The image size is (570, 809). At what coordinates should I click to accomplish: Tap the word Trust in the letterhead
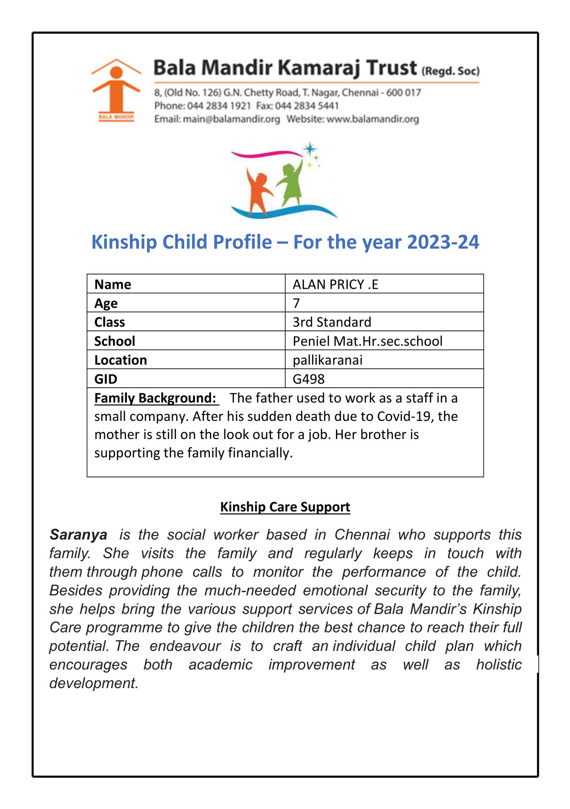pyautogui.click(x=392, y=68)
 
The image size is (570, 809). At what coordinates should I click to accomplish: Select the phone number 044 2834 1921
pyautogui.click(x=219, y=106)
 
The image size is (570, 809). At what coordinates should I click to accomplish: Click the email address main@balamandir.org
pyautogui.click(x=231, y=119)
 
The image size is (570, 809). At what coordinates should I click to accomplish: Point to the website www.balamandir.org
pyautogui.click(x=373, y=119)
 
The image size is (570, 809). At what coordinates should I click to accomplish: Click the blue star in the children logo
pyautogui.click(x=309, y=149)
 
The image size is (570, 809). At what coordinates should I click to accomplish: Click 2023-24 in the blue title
pyautogui.click(x=443, y=242)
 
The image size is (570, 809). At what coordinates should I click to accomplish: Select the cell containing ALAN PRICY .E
pyautogui.click(x=335, y=284)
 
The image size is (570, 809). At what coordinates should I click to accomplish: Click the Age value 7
pyautogui.click(x=296, y=303)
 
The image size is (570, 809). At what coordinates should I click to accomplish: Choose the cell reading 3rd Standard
pyautogui.click(x=332, y=322)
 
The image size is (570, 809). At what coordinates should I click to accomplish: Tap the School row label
pyautogui.click(x=115, y=341)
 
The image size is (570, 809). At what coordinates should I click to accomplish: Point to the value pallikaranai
pyautogui.click(x=328, y=360)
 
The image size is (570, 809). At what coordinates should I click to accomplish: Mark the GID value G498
pyautogui.click(x=309, y=379)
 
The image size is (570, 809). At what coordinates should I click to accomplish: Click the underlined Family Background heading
pyautogui.click(x=155, y=398)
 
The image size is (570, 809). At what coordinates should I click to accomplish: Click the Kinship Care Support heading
pyautogui.click(x=285, y=507)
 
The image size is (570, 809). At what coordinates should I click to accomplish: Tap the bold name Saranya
pyautogui.click(x=78, y=534)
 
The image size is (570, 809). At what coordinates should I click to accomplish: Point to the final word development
pyautogui.click(x=94, y=683)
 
